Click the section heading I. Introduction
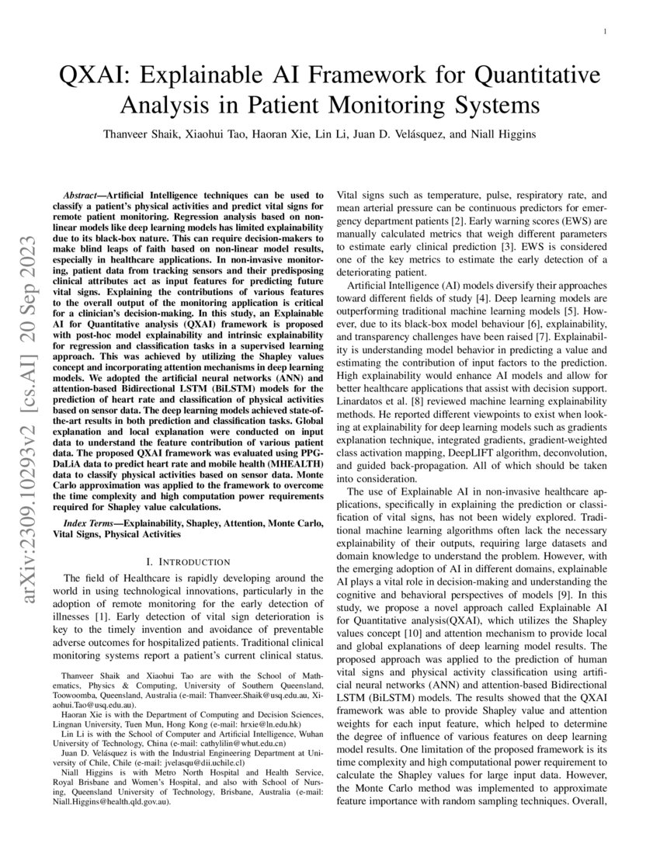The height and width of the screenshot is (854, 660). click(x=188, y=561)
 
